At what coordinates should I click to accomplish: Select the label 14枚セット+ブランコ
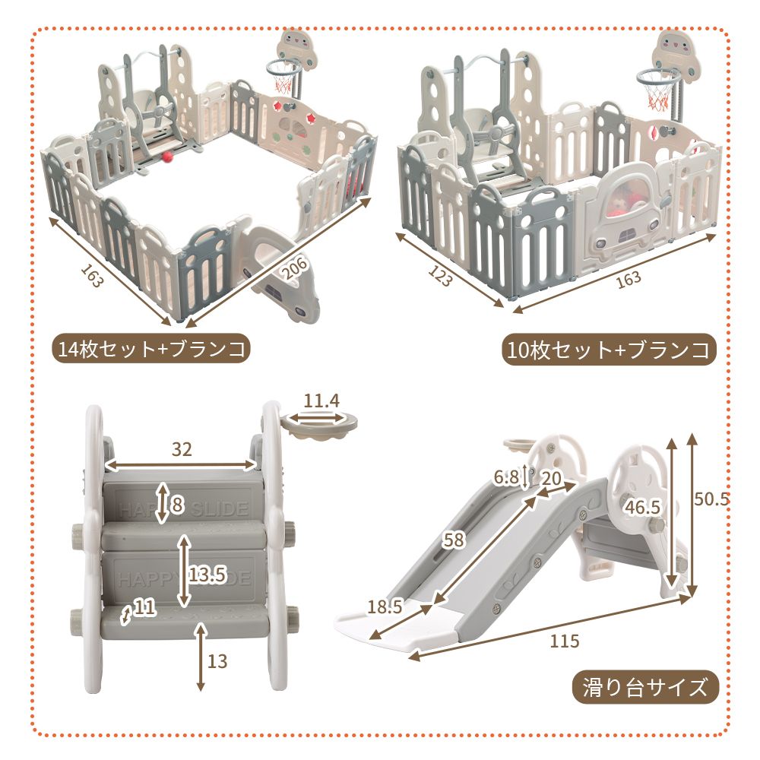(153, 350)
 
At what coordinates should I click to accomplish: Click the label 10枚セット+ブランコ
(609, 350)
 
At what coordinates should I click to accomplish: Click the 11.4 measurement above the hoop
(321, 401)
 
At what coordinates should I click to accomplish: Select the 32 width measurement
(181, 449)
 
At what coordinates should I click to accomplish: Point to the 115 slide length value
(563, 641)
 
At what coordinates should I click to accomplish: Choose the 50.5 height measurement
(711, 499)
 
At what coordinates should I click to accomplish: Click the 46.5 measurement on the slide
(641, 507)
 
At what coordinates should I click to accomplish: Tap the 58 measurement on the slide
(454, 540)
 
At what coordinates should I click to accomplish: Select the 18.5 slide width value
(385, 606)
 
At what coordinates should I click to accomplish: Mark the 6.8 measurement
(505, 478)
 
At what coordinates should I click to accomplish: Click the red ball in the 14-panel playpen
(166, 157)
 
